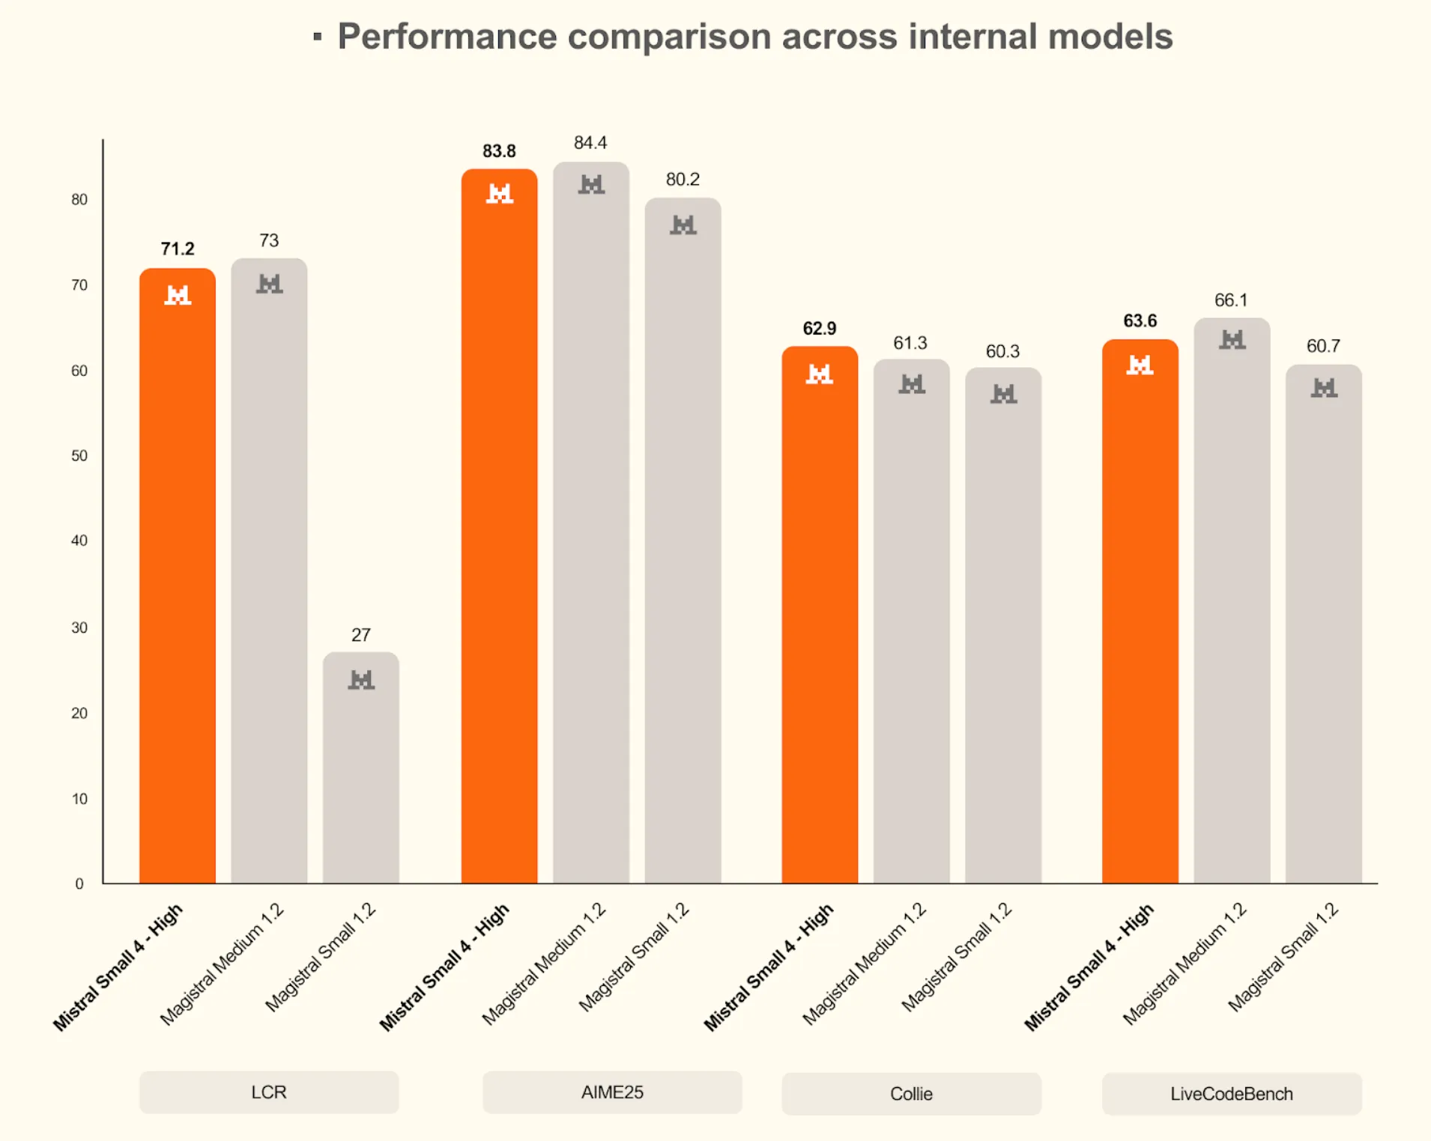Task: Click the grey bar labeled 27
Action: (360, 771)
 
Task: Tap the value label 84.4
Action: (590, 143)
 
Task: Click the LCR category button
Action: (268, 1092)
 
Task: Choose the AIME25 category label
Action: (612, 1092)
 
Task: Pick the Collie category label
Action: (911, 1094)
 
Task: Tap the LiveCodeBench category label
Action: (1231, 1094)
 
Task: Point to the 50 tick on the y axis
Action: (79, 456)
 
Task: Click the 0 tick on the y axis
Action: (79, 884)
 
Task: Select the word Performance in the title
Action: (447, 37)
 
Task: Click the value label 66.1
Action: (1231, 300)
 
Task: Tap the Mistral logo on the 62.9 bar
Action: (819, 374)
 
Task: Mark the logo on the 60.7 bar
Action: (1324, 388)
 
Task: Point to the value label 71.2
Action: (178, 249)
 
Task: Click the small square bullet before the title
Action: (318, 37)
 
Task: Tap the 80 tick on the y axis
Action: (79, 199)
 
